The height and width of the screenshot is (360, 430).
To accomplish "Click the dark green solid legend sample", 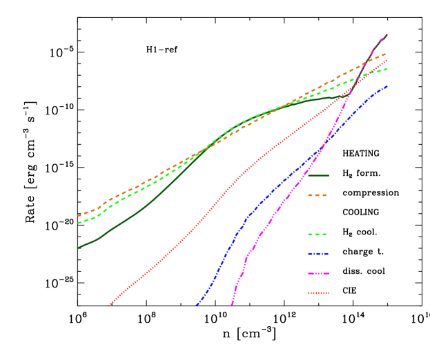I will click(318, 175).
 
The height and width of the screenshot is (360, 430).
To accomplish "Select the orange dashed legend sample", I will click(317, 195).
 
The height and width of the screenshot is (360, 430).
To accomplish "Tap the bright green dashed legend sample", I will click(317, 234).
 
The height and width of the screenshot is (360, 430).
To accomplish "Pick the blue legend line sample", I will click(318, 254).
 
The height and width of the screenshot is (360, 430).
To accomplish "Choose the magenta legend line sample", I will click(318, 273).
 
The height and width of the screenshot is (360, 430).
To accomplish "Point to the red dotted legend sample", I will click(318, 293).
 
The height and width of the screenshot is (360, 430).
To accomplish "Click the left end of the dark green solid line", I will click(78, 248).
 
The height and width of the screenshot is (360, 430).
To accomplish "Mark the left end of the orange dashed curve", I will click(78, 216).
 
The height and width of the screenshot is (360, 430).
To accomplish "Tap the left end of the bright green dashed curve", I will click(78, 223).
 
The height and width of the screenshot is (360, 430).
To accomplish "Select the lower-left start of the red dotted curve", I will click(109, 305).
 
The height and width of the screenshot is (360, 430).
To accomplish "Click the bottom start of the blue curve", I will click(197, 305).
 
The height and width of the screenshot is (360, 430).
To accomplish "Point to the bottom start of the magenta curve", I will click(231, 304).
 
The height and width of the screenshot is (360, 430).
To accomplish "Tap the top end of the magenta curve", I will click(387, 34).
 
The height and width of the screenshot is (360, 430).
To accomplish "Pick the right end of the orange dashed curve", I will click(387, 53).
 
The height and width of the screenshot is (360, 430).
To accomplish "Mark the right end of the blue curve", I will click(387, 86).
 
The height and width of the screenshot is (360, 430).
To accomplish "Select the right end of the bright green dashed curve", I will click(387, 68).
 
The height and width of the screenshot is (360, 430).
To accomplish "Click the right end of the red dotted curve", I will click(387, 61).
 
